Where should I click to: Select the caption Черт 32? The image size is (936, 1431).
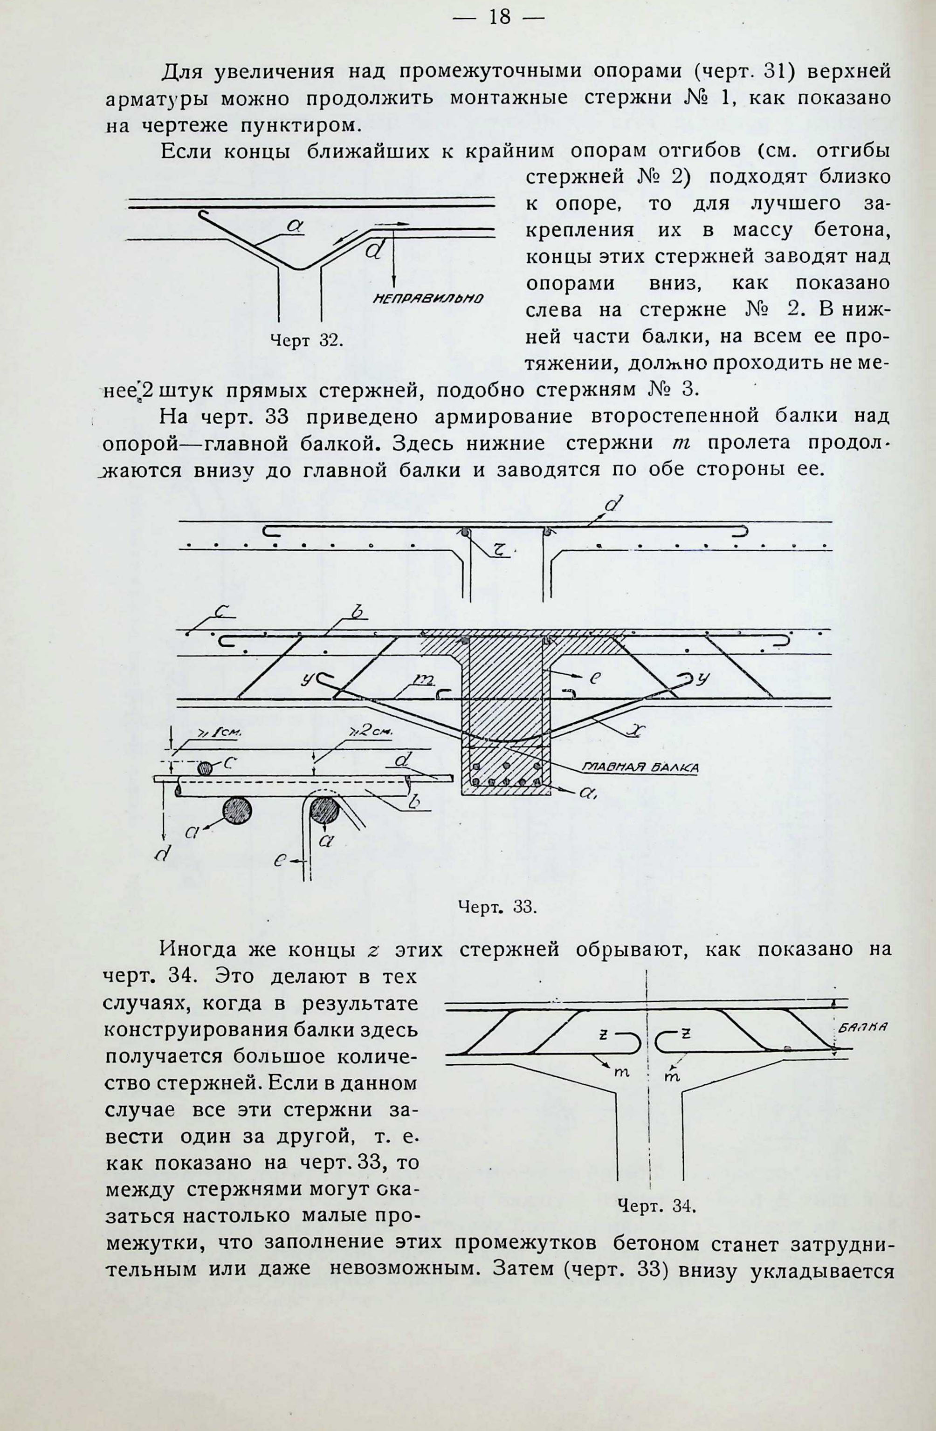306,341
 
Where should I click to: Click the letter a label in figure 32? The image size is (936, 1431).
294,226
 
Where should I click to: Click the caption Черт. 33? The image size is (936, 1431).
497,923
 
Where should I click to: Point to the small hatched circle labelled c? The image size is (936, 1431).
206,768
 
